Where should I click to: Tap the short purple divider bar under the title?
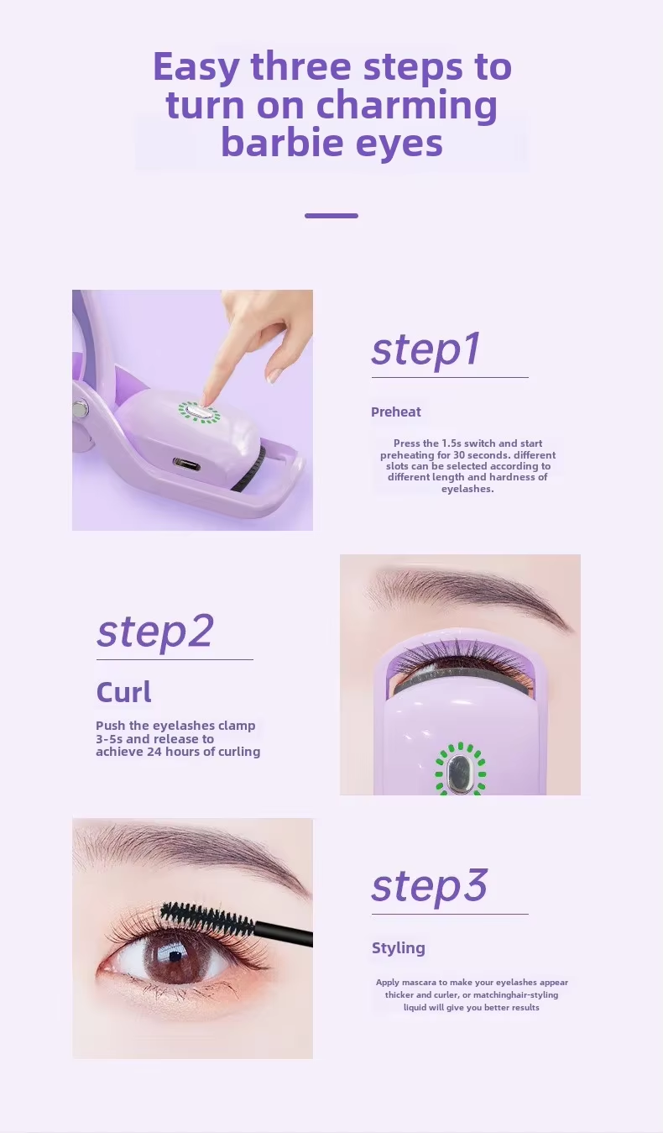331,216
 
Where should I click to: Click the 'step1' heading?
425,349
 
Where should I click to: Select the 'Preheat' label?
395,412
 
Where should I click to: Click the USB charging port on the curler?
186,463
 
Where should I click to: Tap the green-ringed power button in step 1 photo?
199,412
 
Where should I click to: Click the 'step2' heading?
155,632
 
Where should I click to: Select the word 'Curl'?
124,692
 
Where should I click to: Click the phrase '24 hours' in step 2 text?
171,752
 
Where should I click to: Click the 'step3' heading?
430,886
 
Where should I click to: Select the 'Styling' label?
398,948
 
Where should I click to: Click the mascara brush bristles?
206,918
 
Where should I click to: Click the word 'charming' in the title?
407,105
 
